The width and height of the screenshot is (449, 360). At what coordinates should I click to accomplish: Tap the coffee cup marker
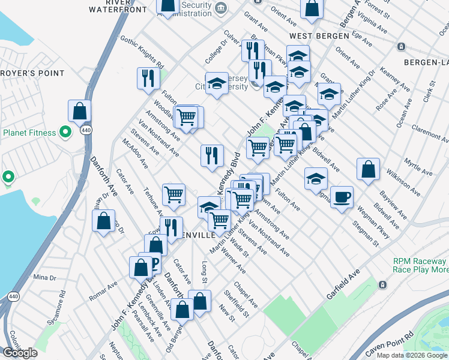pos(342,197)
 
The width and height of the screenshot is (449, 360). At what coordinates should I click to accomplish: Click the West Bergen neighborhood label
pos(325,35)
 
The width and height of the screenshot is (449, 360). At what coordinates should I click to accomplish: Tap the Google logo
pos(20,353)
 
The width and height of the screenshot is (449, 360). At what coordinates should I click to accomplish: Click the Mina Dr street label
pos(44,277)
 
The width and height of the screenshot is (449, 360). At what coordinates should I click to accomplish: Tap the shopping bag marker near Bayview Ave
pos(368,170)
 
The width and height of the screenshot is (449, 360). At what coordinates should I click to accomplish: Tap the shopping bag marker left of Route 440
pos(79,111)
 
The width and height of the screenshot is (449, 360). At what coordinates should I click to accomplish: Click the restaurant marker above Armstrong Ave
pos(211,156)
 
